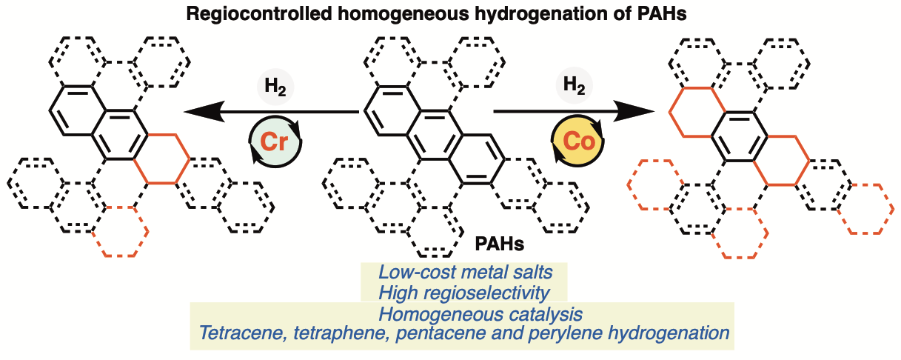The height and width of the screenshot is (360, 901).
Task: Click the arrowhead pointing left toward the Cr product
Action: (200, 112)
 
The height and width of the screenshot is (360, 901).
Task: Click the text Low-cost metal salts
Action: (465, 272)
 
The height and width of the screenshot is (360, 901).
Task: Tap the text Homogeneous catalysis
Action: (464, 314)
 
